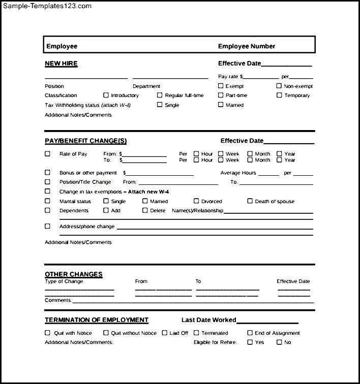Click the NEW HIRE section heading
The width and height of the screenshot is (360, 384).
tap(61, 63)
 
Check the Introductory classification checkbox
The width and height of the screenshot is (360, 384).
tap(106, 95)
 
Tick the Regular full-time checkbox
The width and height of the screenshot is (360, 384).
tap(160, 95)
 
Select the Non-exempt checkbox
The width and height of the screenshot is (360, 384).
tap(279, 86)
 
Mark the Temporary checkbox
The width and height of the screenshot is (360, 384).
tap(279, 95)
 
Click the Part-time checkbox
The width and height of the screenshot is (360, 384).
tap(221, 95)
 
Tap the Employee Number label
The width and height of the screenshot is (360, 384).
tap(247, 46)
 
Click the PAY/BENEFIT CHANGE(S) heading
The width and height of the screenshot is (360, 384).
tap(86, 141)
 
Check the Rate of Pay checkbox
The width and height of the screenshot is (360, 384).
tap(48, 153)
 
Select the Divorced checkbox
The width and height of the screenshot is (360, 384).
tap(196, 201)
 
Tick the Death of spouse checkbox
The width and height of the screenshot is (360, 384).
tap(250, 201)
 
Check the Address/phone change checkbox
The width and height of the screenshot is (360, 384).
tap(48, 227)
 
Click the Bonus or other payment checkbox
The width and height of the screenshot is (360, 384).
tap(48, 173)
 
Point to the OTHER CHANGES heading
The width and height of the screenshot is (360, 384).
tap(74, 274)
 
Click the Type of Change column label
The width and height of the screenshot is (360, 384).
tap(64, 281)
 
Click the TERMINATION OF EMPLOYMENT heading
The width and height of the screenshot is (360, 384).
tap(97, 320)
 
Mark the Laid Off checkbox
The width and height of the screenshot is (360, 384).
tap(165, 333)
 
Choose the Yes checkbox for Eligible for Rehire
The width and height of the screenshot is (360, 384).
tap(250, 342)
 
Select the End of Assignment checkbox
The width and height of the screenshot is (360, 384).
tap(250, 333)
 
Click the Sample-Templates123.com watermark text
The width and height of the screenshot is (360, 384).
tap(46, 6)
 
